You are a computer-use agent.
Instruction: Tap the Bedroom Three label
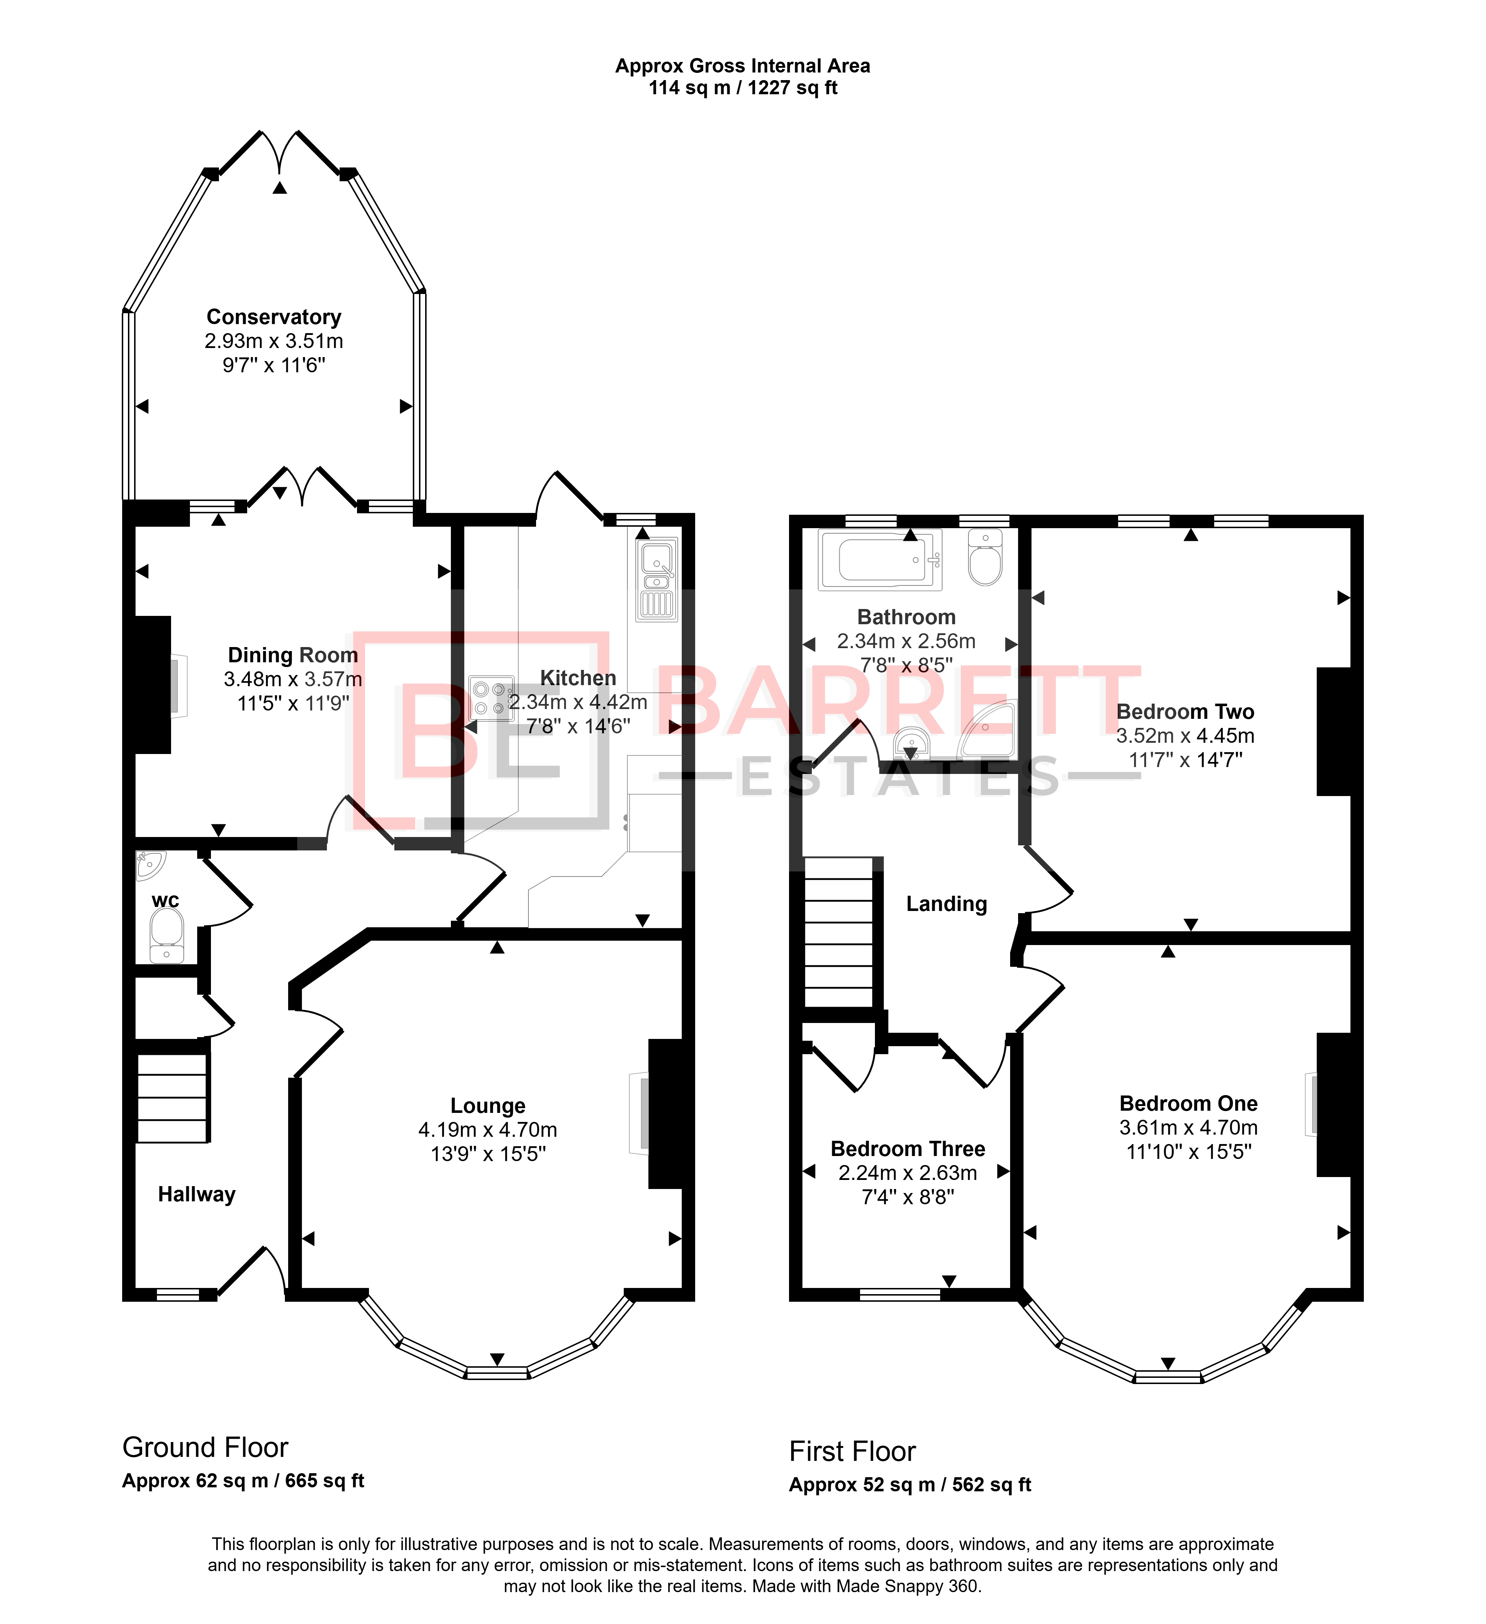(x=908, y=1149)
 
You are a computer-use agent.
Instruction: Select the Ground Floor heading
(x=206, y=1447)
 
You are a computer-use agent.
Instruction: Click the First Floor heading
(x=852, y=1451)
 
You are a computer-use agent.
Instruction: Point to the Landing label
(x=946, y=904)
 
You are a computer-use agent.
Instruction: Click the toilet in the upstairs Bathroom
(x=985, y=558)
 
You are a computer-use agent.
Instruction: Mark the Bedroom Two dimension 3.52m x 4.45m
(x=1186, y=736)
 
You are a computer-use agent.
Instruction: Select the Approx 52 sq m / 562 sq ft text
(x=910, y=1485)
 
